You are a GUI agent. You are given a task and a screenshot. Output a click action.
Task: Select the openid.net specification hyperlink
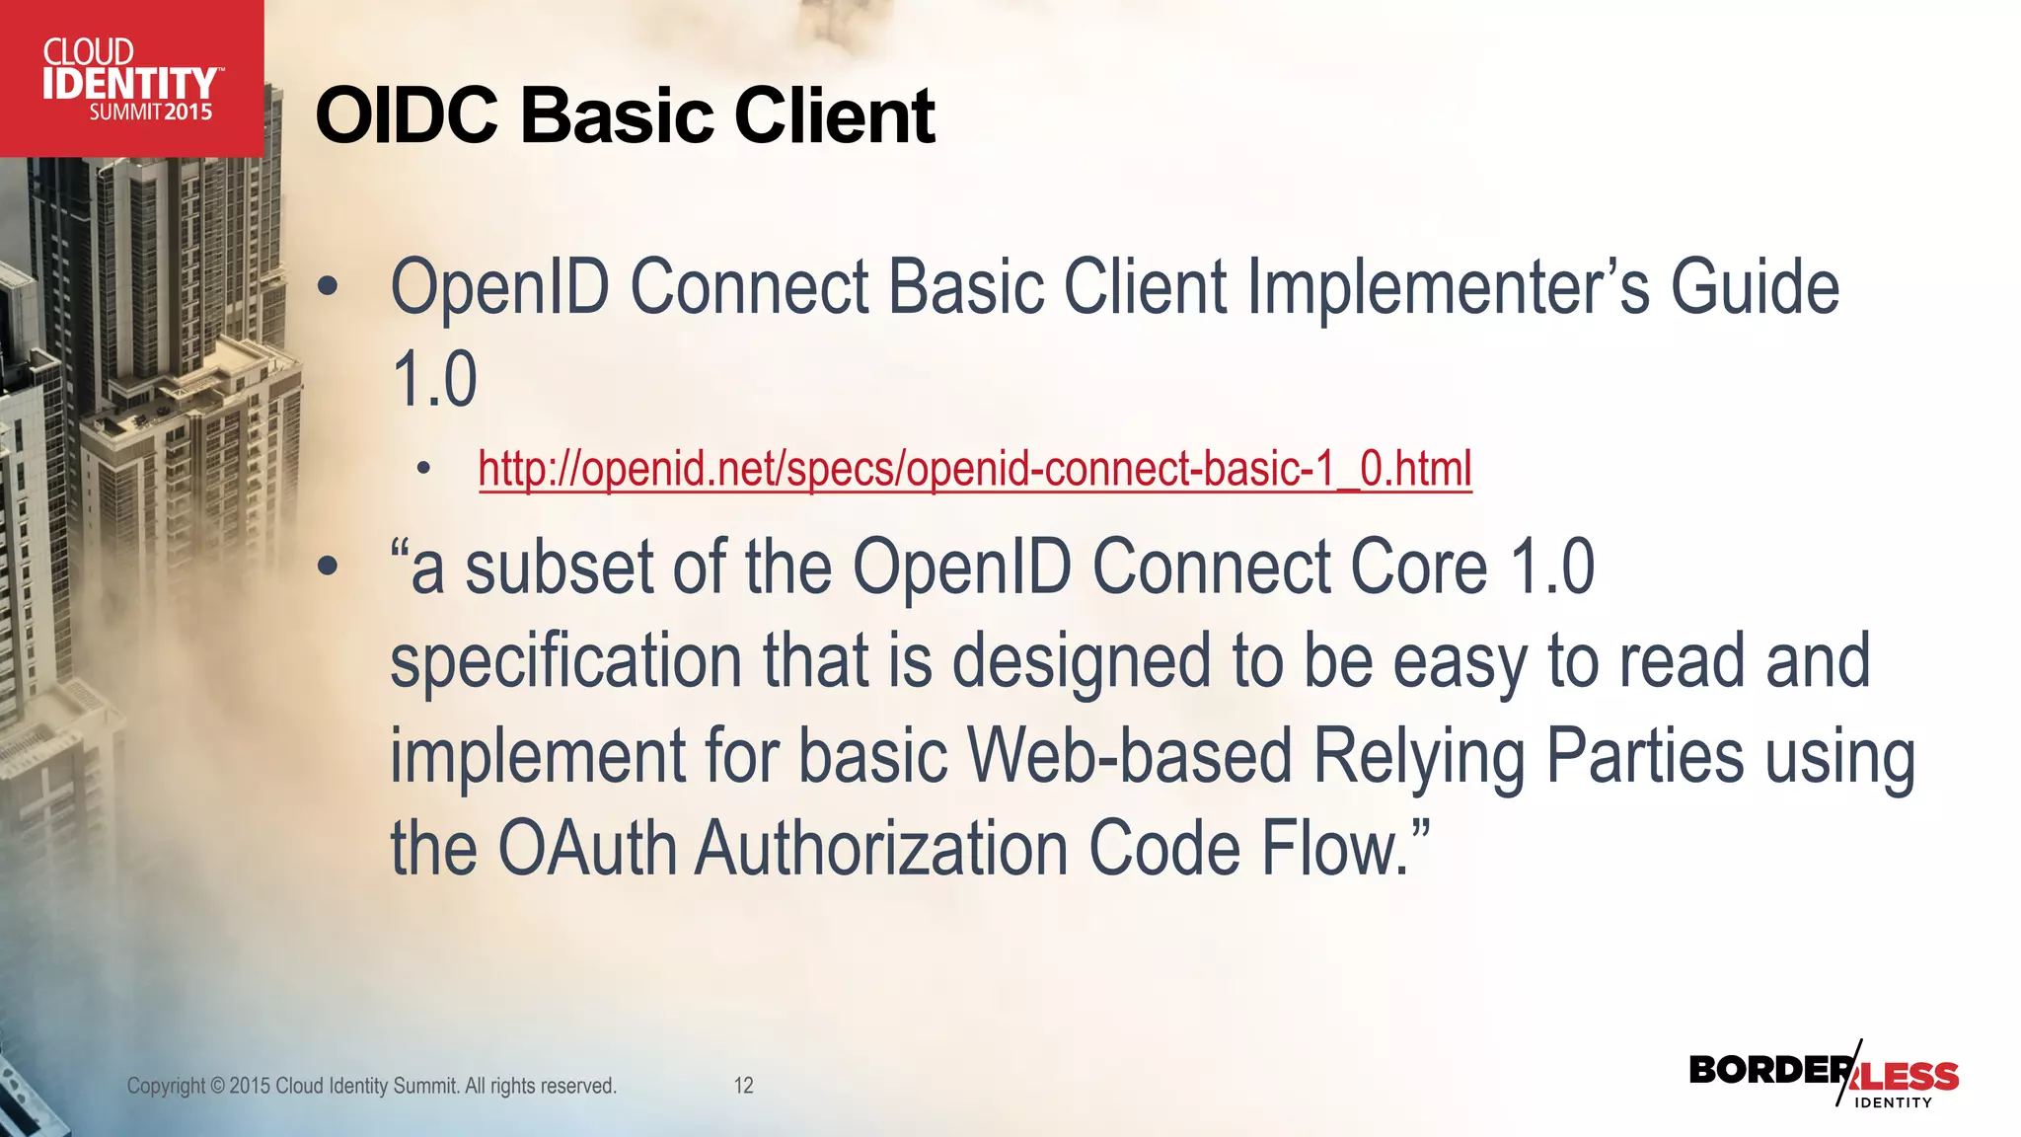[x=975, y=469]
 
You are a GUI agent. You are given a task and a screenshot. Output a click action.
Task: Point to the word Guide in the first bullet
[x=1755, y=288]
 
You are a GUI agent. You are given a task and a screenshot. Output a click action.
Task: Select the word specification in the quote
[x=565, y=663]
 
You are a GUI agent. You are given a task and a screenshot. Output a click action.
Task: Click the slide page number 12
[x=743, y=1086]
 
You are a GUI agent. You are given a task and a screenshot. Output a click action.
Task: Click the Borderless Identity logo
[x=1824, y=1076]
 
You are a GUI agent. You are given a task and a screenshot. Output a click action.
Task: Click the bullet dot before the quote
[x=328, y=568]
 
